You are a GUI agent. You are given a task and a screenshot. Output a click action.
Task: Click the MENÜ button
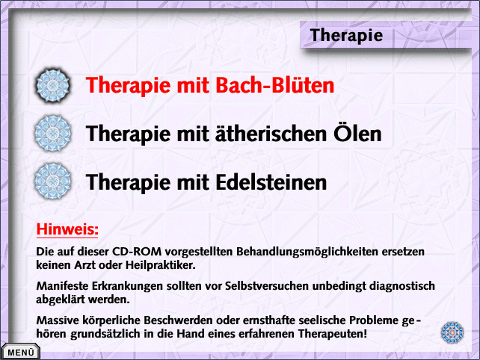tap(20, 352)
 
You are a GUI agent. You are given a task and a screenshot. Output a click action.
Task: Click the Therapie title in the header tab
tap(346, 36)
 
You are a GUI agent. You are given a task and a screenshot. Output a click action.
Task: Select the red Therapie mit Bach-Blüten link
tap(209, 85)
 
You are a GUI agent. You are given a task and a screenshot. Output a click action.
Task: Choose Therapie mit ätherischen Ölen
tap(233, 134)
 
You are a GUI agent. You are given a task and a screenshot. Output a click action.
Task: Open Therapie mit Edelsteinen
tap(206, 182)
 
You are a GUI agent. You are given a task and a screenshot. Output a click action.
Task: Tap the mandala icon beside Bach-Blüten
tap(52, 85)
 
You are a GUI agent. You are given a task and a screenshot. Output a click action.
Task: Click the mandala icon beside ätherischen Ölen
tap(52, 134)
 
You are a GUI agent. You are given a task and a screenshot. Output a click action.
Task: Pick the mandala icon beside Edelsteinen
tap(52, 181)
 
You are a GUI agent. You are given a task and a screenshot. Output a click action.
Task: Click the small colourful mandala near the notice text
tap(452, 332)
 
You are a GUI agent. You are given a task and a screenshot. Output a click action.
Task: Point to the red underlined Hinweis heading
tap(67, 229)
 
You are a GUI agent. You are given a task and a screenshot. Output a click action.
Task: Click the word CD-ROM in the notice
tap(137, 252)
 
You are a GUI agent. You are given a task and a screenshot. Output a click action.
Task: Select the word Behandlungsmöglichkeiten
tap(307, 252)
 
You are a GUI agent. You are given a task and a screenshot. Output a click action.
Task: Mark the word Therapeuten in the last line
tap(333, 334)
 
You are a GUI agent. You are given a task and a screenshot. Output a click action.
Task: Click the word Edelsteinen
tap(271, 182)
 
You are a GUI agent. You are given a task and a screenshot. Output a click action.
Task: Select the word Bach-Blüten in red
tap(275, 85)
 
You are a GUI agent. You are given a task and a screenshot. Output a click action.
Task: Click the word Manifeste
tap(62, 286)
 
